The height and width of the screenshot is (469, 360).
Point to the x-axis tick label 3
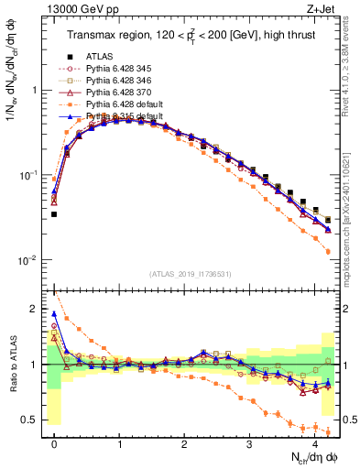250,442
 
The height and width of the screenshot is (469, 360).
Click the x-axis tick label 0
55,442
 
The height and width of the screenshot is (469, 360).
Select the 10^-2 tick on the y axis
29,260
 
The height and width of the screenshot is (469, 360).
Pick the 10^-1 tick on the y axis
29,175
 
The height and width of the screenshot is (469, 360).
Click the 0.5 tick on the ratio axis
32,420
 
